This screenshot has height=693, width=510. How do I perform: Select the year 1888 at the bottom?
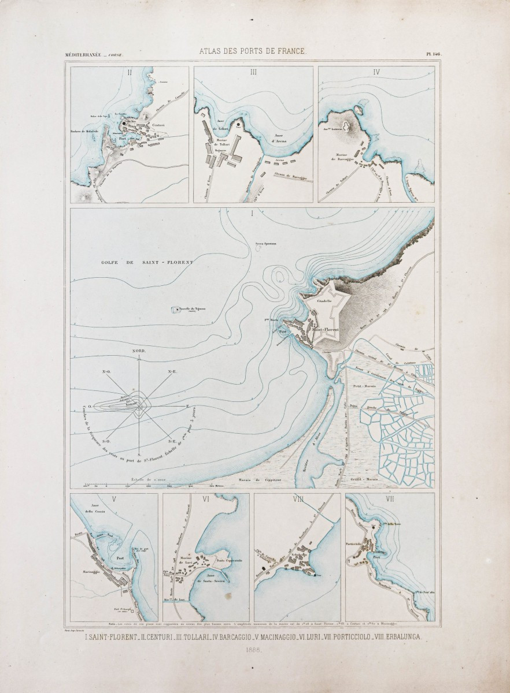(x=254, y=650)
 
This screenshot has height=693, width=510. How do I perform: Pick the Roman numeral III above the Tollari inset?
(x=253, y=72)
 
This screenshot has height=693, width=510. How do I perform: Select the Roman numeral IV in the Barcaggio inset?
(x=376, y=73)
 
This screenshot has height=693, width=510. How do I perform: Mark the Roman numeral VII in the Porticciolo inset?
(x=389, y=500)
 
